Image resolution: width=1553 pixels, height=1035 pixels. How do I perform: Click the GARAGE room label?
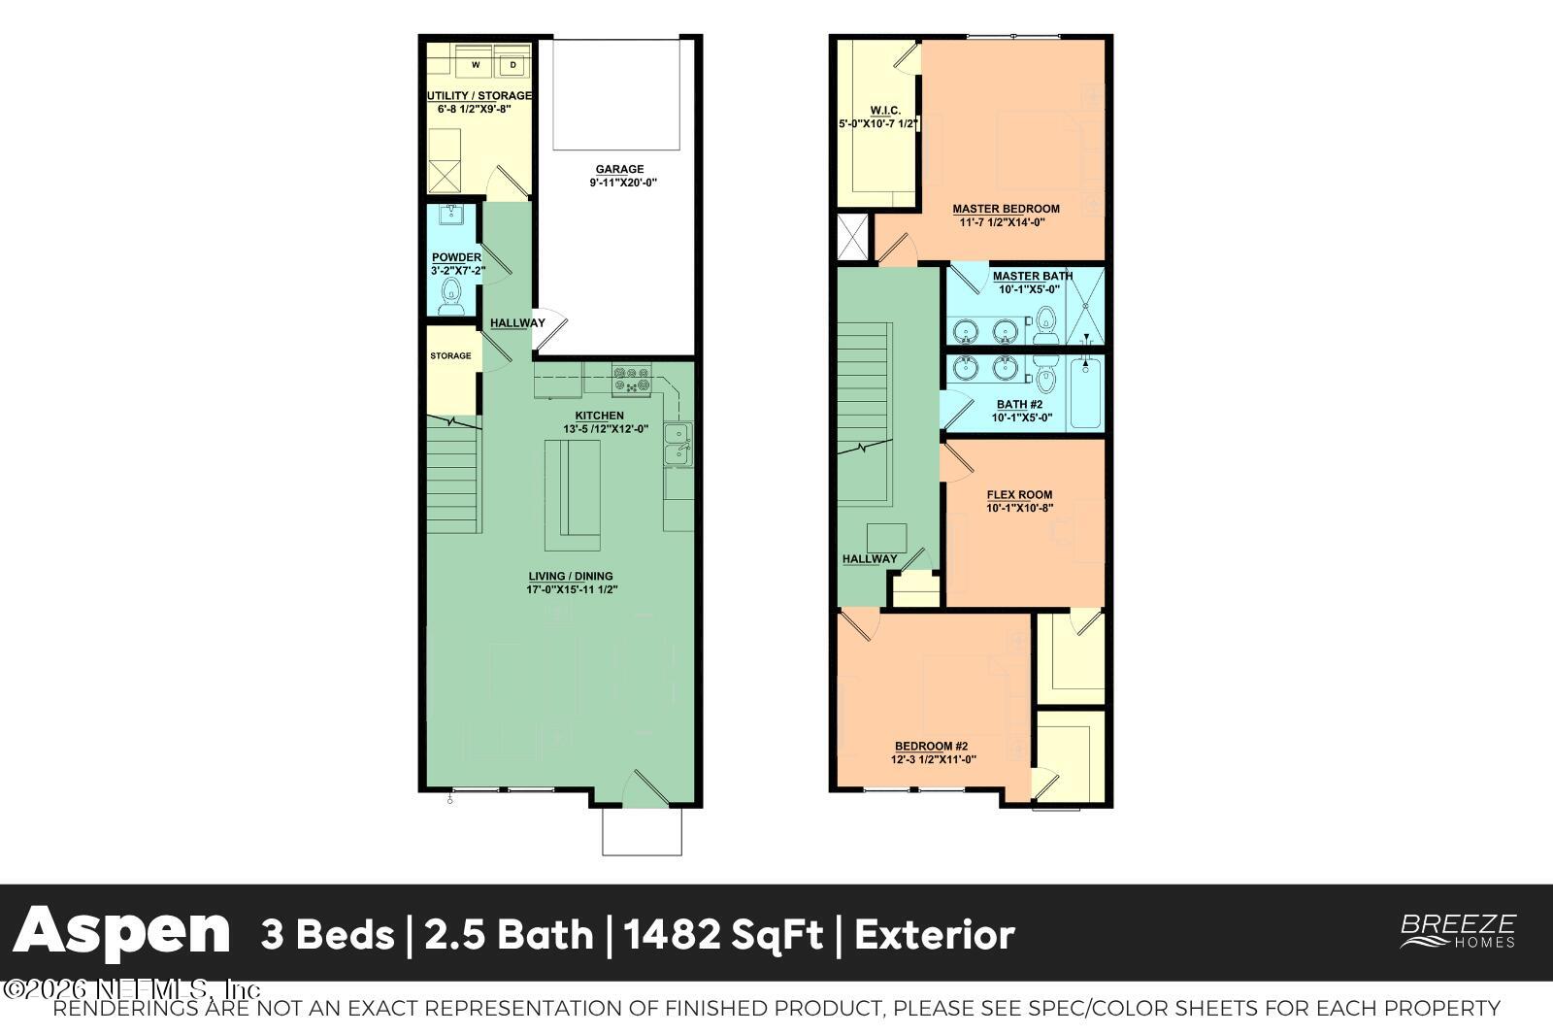[619, 169]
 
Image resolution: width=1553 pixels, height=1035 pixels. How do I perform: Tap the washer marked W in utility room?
[476, 65]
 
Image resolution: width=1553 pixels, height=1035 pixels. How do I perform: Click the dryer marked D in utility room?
[513, 65]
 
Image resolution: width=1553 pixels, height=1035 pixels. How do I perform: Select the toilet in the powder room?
[451, 295]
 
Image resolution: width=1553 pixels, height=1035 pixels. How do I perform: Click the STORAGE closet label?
[450, 355]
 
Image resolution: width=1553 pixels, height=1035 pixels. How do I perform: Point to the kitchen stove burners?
[631, 379]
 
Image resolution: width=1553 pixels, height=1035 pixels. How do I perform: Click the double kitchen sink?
[677, 444]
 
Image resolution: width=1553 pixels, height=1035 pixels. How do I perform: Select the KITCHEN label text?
[606, 416]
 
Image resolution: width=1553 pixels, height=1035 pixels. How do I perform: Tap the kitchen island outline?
[572, 494]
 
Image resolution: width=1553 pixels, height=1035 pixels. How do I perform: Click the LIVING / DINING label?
[571, 576]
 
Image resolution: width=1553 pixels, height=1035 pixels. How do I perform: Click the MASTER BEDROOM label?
[1006, 208]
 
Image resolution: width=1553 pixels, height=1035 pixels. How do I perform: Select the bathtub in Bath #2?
[1087, 392]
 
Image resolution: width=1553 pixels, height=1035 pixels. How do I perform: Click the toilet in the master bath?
[1045, 324]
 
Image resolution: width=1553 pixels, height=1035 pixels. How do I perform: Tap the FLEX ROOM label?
[1019, 494]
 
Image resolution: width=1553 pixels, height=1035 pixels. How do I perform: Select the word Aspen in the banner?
[121, 933]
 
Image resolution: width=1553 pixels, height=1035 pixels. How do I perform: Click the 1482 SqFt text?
[723, 935]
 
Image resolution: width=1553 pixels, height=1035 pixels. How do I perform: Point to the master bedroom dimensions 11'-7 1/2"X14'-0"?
[1006, 222]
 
